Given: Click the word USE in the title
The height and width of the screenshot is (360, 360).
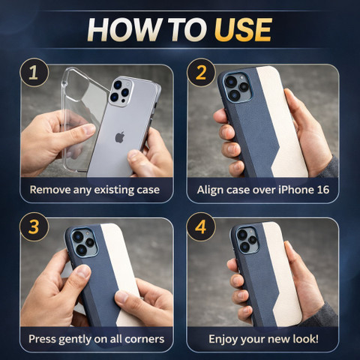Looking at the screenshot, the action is click(243, 30).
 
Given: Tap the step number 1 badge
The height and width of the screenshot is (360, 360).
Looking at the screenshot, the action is click(34, 73).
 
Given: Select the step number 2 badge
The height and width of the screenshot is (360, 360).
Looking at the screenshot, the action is click(201, 73).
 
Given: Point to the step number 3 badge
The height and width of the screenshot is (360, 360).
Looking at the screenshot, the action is click(34, 226).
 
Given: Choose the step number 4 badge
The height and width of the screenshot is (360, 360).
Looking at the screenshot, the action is click(201, 226).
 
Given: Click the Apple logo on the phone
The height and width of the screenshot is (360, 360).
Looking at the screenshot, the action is click(120, 137).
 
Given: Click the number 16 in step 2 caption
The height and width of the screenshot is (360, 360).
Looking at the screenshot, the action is click(323, 190).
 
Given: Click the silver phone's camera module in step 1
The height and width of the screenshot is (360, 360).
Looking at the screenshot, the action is click(121, 92).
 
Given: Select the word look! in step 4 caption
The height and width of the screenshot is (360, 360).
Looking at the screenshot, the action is click(306, 339).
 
